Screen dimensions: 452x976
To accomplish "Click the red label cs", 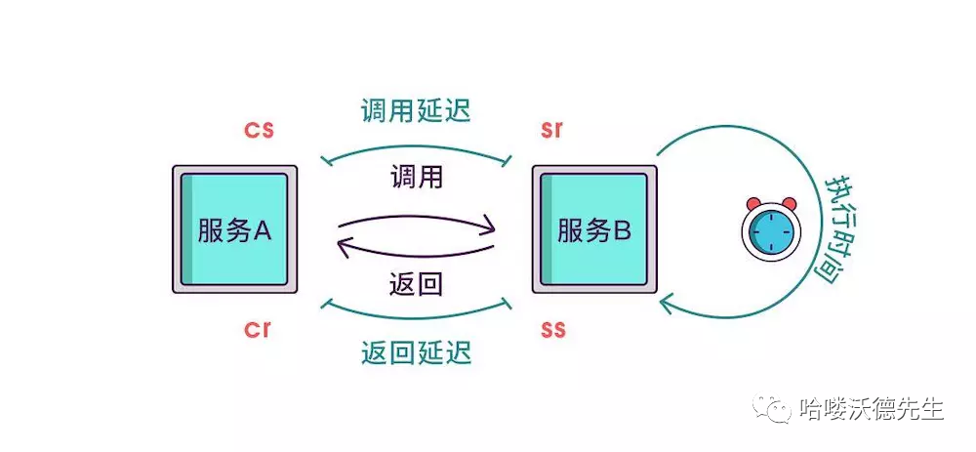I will coord(258,130).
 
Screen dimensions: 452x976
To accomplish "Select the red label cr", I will coord(257,328).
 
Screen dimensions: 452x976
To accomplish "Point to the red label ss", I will coord(553,328).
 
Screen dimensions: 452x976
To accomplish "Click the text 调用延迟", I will coord(416,110).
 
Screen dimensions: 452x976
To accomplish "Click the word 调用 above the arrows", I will coord(416,177).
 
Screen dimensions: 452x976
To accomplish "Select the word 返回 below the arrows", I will coord(416,284).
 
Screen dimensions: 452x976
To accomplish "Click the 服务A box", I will coord(234,229).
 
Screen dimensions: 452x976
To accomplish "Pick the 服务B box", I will coord(594,229).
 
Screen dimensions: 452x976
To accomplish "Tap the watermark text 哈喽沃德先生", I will coord(871,409).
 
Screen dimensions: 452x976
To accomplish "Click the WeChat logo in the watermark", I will coord(779,409).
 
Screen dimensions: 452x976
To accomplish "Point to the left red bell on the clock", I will coord(753,203).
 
